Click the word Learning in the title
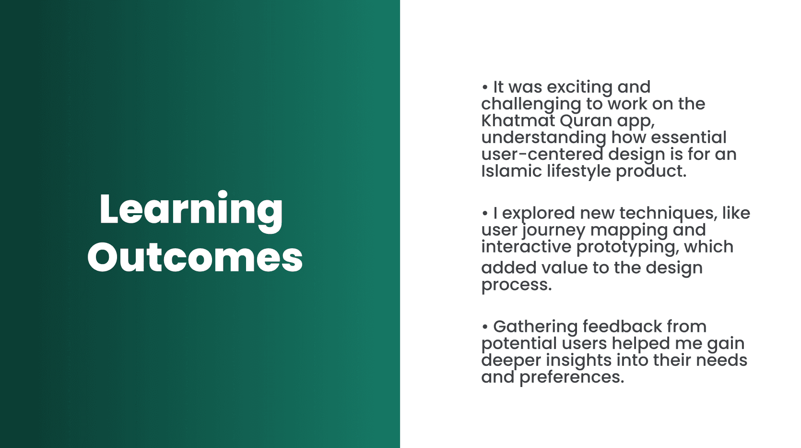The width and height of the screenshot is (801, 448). [x=191, y=211]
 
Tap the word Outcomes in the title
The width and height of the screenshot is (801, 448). [x=195, y=257]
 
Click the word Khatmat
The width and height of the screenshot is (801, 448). [x=518, y=121]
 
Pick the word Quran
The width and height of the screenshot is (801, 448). [x=586, y=121]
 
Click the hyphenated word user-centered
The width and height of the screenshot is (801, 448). [x=542, y=154]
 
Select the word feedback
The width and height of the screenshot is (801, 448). [x=622, y=326]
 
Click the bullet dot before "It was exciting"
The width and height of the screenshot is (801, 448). [x=484, y=87]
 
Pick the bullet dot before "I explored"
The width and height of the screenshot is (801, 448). [x=484, y=213]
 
